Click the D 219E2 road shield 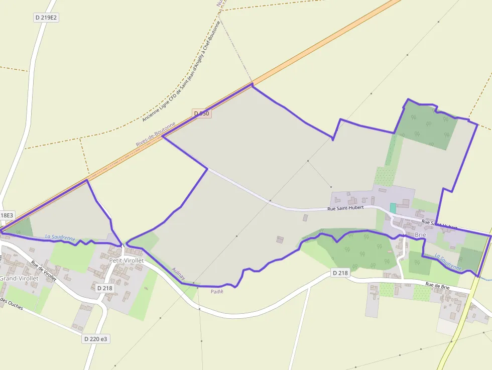[47, 18]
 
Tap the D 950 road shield [201, 114]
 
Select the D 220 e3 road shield [95, 339]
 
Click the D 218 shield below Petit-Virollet [104, 288]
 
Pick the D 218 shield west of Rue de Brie [340, 273]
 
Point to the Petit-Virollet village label [127, 261]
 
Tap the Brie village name [420, 234]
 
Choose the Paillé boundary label [216, 291]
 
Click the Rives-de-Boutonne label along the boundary [156, 134]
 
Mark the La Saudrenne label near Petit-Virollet [60, 237]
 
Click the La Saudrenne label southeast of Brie [448, 262]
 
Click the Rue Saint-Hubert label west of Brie [345, 208]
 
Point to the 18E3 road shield [7, 215]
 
